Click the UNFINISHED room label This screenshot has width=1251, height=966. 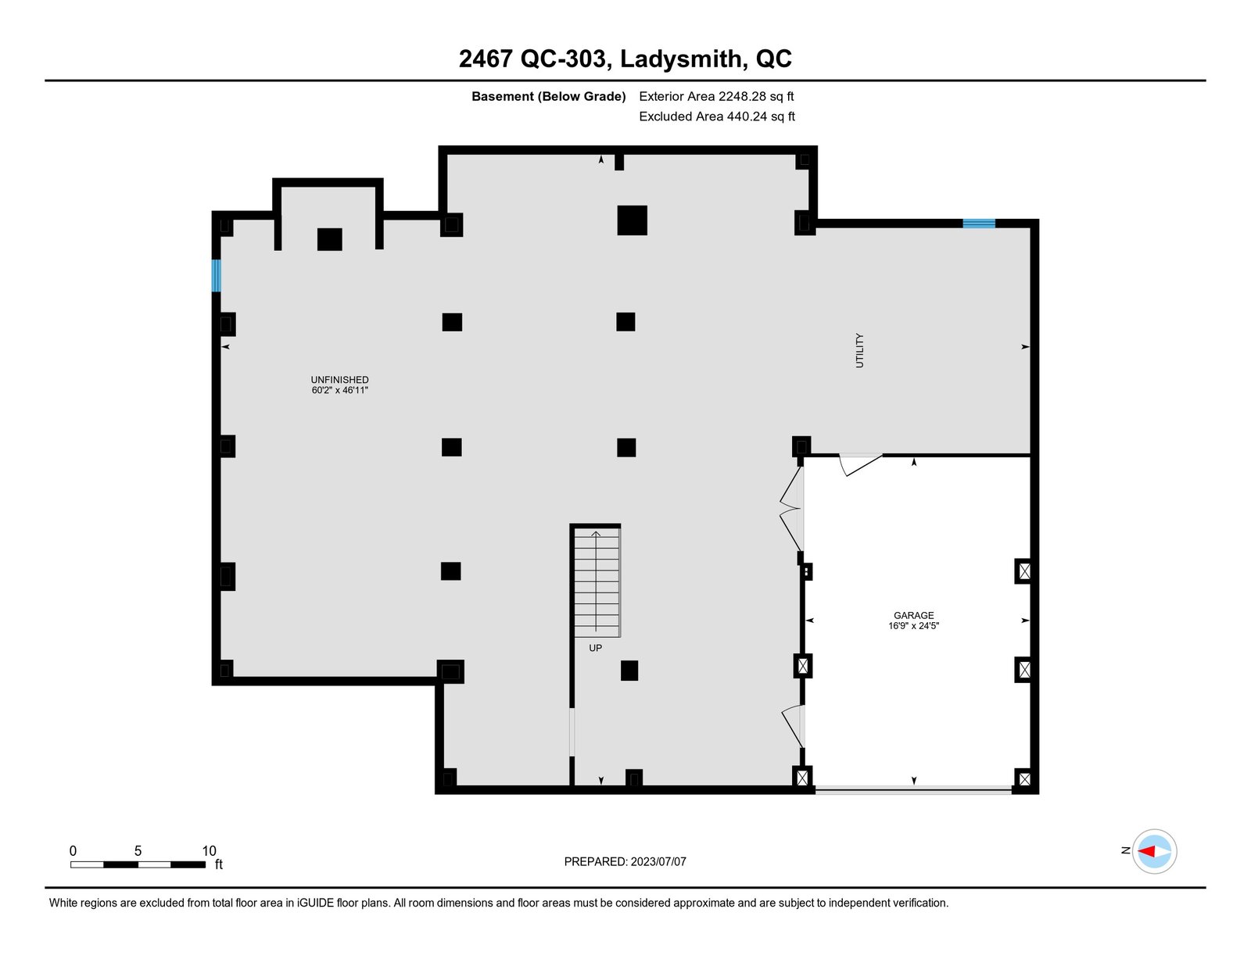339,380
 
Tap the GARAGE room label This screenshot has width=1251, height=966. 914,615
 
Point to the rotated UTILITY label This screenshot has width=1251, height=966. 859,350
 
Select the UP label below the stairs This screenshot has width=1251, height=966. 595,648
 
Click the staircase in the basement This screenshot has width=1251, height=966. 597,582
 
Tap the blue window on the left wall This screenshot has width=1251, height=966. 217,276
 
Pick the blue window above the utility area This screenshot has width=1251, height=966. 979,224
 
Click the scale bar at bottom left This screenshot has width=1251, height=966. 138,864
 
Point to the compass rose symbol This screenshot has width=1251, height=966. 1154,852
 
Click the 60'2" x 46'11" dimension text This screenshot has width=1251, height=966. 339,390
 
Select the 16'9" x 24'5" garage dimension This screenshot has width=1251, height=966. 914,625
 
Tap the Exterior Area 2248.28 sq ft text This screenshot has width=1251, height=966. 716,96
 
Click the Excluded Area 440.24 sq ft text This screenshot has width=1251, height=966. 717,116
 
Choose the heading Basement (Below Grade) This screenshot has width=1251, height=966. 549,96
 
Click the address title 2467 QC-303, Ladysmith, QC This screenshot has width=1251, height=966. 625,59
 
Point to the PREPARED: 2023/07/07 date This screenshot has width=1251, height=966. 625,861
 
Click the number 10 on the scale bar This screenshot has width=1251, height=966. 209,850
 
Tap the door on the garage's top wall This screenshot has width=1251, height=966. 861,464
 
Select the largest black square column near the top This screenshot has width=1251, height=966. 632,220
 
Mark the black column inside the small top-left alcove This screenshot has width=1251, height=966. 330,239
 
